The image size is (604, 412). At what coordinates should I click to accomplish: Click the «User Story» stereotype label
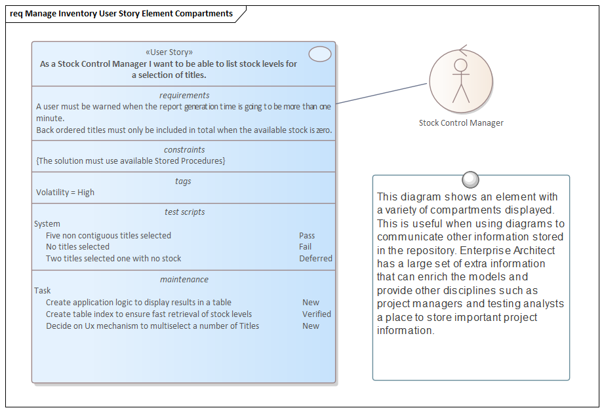[x=169, y=52]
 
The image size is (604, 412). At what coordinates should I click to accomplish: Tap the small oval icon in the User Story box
[x=320, y=54]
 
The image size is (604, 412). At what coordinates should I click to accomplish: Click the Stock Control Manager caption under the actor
[x=461, y=122]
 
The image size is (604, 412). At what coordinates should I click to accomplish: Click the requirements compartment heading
[x=184, y=96]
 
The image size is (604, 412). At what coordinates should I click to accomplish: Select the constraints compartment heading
[x=184, y=150]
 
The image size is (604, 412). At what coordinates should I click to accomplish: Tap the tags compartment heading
[x=184, y=181]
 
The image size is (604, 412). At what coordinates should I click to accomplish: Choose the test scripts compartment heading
[x=184, y=212]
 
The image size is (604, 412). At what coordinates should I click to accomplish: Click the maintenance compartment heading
[x=184, y=280]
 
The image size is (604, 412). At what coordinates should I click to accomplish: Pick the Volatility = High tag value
[x=66, y=193]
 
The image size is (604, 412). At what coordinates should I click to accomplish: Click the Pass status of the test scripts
[x=307, y=236]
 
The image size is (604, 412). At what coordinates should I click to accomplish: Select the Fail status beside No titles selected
[x=306, y=247]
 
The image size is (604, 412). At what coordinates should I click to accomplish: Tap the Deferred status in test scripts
[x=315, y=259]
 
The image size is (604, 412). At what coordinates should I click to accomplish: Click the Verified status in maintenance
[x=316, y=314]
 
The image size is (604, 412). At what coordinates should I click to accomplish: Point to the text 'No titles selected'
[x=77, y=247]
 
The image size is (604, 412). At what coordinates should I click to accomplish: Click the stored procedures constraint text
[x=131, y=161]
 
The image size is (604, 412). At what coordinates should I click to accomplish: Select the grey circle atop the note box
[x=470, y=179]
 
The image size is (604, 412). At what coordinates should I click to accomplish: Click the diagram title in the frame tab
[x=121, y=14]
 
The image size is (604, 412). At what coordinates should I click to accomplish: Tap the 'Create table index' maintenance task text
[x=149, y=314]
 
